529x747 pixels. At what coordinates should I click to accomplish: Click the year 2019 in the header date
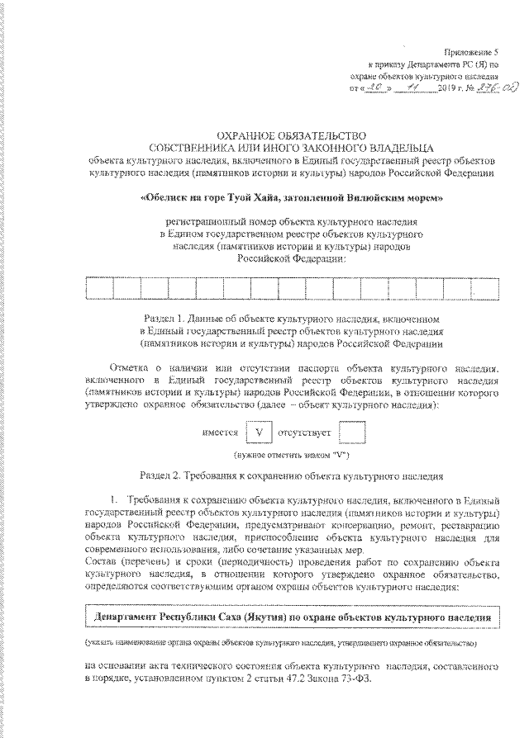444,86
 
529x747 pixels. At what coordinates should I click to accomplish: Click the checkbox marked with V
257,433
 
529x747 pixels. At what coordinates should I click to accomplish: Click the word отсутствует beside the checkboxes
306,433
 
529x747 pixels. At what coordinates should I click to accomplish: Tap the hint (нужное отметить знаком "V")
290,455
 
